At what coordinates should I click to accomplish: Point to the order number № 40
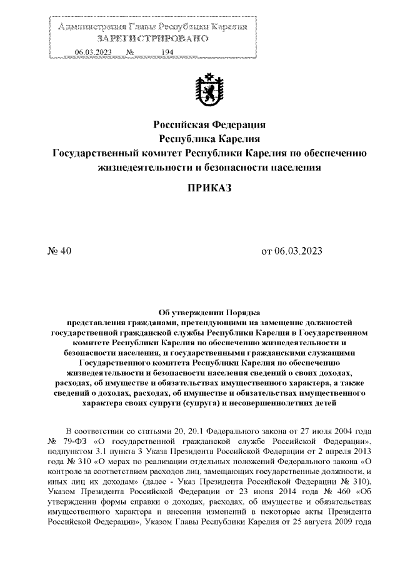click(x=61, y=251)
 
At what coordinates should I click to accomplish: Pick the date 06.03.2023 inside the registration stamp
click(x=93, y=53)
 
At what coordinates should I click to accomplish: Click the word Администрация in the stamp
click(x=91, y=28)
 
